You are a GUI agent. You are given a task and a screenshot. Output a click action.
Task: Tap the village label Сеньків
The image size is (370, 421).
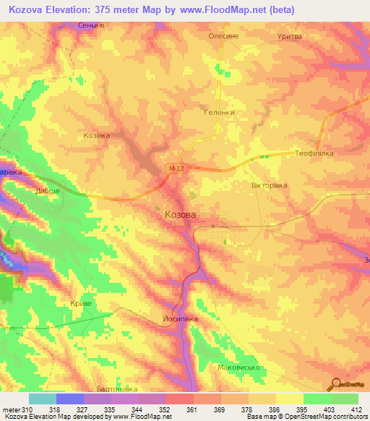[x=92, y=25]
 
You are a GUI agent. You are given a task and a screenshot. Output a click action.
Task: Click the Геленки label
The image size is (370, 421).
[x=216, y=112]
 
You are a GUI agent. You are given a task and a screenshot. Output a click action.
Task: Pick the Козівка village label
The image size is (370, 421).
[x=97, y=135]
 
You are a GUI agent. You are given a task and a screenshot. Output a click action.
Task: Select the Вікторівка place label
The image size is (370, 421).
[x=270, y=185]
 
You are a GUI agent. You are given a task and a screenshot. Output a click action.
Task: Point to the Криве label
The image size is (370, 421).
[x=81, y=305]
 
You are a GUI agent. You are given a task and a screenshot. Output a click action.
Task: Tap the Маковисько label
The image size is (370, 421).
[x=239, y=367]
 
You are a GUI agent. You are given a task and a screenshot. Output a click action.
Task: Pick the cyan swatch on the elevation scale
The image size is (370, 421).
[x=43, y=399]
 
